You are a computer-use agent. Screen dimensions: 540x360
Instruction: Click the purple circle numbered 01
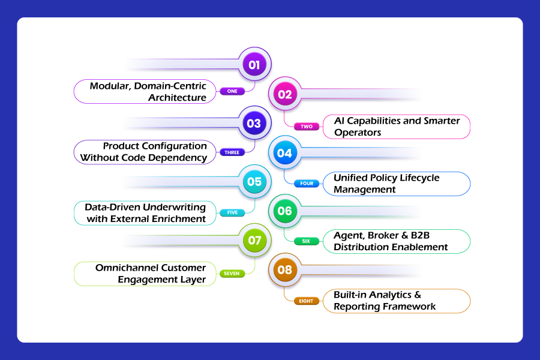coord(254,64)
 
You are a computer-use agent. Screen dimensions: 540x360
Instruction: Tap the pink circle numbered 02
coord(285,94)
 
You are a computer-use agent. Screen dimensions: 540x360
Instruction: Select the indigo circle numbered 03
coord(254,123)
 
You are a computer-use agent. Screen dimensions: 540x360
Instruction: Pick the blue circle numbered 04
coord(285,152)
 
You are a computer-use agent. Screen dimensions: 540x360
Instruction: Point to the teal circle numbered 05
coord(254,182)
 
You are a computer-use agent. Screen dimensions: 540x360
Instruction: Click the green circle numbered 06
coord(285,211)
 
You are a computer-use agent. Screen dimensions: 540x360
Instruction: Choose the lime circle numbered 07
coord(254,240)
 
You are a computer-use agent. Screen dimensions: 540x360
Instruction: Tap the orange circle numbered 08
coord(285,270)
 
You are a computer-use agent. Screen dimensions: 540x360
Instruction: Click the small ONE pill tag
coord(232,91)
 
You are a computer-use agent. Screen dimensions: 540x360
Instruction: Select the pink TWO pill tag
coord(307,127)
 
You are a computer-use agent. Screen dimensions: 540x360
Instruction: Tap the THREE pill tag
coord(232,152)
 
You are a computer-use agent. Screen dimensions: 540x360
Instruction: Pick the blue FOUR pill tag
coord(307,183)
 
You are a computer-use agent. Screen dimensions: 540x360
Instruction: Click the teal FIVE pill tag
coord(232,212)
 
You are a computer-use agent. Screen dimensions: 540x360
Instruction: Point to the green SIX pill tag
coord(307,241)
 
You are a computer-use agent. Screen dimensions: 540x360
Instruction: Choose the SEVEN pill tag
coord(232,274)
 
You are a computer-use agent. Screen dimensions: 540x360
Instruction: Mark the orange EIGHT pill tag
coord(307,301)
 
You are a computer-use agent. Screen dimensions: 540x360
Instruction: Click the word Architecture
coord(178,97)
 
